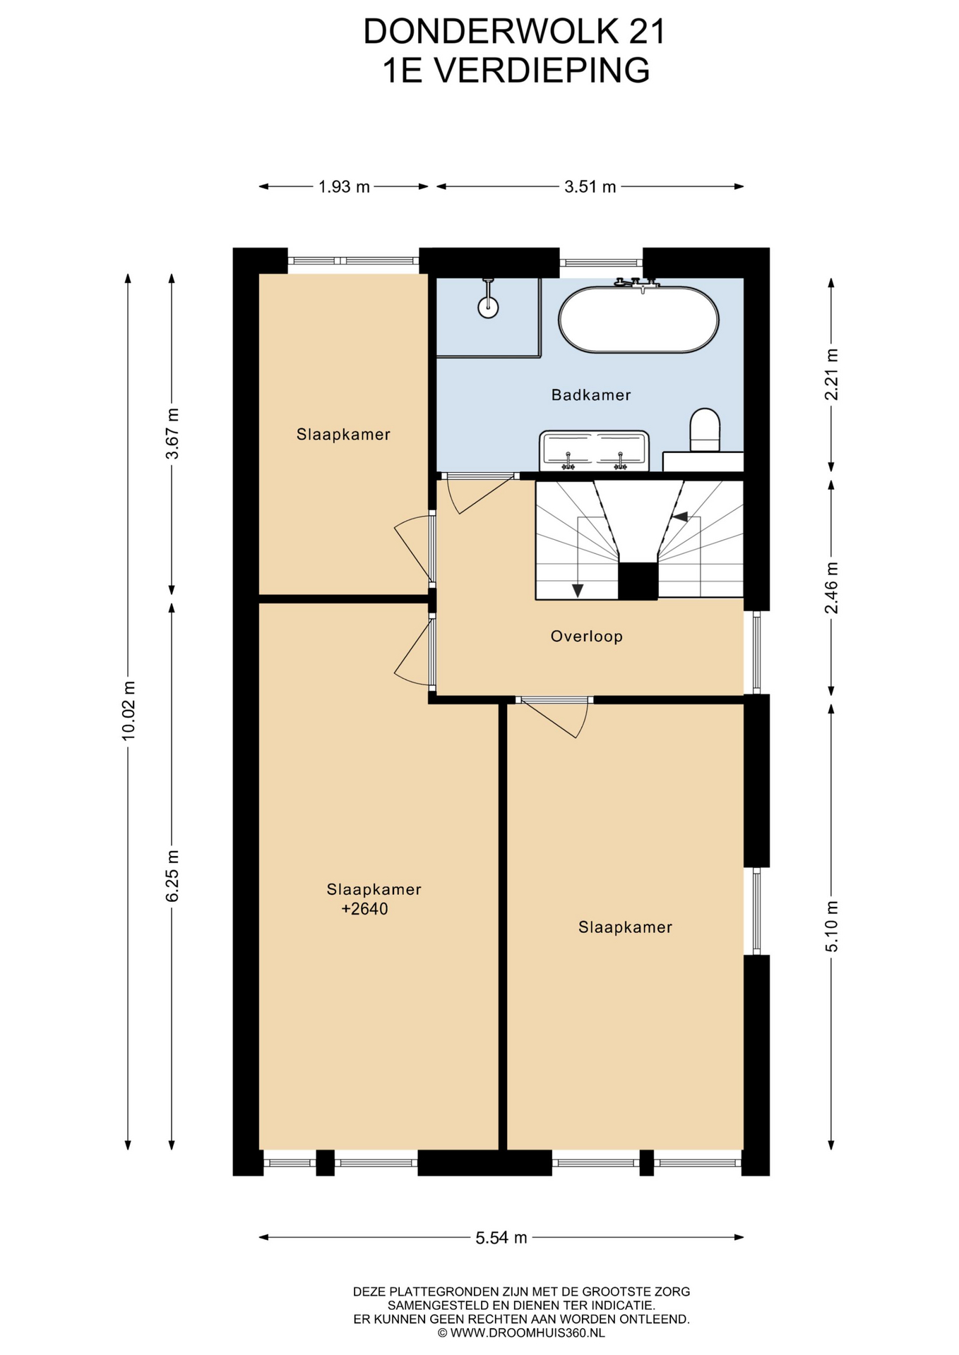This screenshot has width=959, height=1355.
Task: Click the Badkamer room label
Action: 590,395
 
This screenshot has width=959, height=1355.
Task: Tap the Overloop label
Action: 586,637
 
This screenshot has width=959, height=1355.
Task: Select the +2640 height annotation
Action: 364,909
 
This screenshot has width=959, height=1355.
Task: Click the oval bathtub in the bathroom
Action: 638,320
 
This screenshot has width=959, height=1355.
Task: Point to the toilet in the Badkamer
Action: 705,429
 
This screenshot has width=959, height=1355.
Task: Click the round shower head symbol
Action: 488,307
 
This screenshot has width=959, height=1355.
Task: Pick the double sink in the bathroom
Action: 594,451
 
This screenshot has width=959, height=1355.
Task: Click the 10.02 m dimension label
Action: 129,711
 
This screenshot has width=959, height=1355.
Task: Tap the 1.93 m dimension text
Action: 344,187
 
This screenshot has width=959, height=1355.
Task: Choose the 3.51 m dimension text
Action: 590,187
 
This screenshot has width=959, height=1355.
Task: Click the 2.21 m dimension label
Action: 832,375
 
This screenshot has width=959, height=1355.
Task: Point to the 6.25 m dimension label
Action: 172,875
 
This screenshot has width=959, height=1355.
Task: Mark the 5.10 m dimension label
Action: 832,927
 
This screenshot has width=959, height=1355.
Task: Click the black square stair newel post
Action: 638,581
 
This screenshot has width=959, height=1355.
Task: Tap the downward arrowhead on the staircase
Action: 578,591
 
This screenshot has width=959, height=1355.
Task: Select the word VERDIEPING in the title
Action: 541,71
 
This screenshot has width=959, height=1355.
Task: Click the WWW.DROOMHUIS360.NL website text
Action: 528,1333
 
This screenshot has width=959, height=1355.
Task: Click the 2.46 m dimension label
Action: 832,588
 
